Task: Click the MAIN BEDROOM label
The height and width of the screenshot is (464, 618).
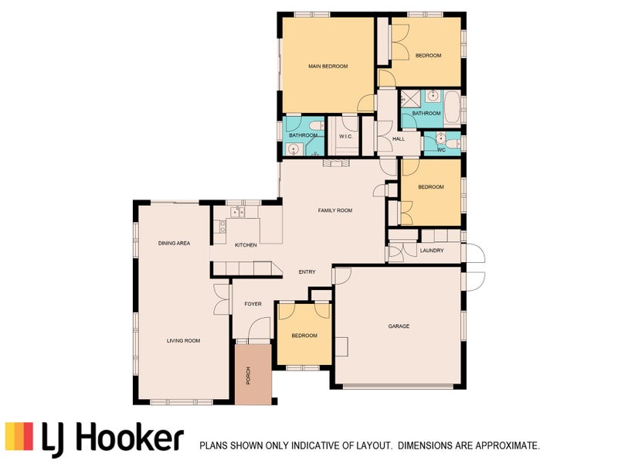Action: point(328,67)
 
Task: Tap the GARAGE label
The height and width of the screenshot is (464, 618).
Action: point(399,326)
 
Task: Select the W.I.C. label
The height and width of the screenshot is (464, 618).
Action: point(345,137)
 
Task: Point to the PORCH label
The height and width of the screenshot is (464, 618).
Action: point(248,376)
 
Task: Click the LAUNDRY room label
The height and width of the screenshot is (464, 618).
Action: point(432,251)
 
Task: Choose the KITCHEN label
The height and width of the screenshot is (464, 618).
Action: point(246,245)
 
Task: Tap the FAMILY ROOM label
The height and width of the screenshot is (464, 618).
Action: point(335,210)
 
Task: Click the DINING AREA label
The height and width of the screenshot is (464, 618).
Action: point(175,243)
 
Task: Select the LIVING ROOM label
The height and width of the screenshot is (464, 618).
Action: point(183,340)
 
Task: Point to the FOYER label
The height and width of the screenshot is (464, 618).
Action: point(253,304)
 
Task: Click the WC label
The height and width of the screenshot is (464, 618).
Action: point(441,150)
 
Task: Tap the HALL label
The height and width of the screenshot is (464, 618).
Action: point(399,139)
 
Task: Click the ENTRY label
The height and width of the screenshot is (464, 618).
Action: point(307,272)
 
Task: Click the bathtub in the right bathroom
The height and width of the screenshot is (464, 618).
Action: point(452,107)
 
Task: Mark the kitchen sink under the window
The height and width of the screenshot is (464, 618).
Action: point(238,212)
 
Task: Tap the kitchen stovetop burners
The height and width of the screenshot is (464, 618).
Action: point(222,226)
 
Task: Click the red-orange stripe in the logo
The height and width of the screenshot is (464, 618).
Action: point(28,436)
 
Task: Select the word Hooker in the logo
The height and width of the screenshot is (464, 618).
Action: point(129,436)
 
